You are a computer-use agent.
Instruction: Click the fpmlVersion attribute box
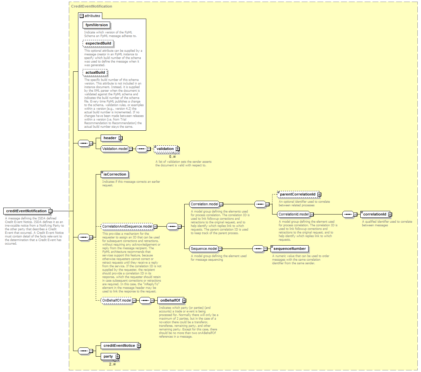click(x=96, y=25)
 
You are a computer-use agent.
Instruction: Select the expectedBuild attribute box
click(x=98, y=43)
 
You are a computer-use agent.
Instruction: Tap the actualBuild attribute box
click(x=95, y=72)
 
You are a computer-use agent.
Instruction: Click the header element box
click(x=110, y=138)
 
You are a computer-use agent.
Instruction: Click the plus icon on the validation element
click(x=177, y=149)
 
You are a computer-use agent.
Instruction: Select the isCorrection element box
click(x=114, y=174)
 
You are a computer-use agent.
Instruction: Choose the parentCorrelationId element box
click(x=298, y=194)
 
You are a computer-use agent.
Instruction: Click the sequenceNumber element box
click(x=290, y=249)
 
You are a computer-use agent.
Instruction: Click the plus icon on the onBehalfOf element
click(x=184, y=300)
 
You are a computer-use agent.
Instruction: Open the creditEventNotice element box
click(x=120, y=345)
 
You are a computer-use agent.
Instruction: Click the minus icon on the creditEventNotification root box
click(x=50, y=211)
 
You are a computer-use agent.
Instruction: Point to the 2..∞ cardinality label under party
click(x=112, y=364)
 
